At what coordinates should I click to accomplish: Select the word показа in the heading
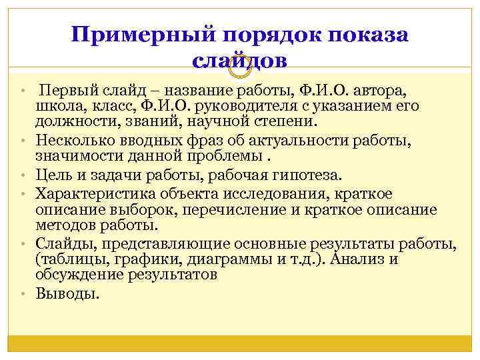[x=366, y=35]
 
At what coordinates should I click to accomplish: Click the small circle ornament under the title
[x=239, y=65]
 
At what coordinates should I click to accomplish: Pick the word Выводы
[x=67, y=293]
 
